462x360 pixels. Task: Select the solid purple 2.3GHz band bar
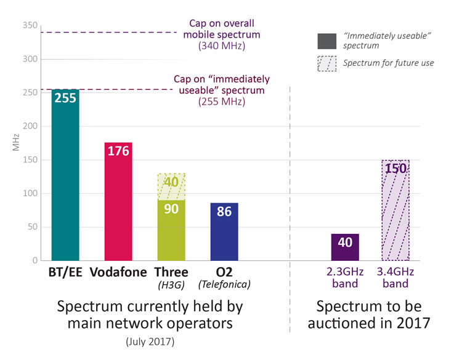click(x=345, y=247)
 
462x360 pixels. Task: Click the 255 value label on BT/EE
click(x=65, y=98)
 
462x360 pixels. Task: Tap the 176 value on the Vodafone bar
click(x=118, y=151)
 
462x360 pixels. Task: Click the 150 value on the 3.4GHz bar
click(x=395, y=169)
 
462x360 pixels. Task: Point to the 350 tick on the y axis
click(x=30, y=26)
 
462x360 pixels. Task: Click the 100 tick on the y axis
click(x=30, y=193)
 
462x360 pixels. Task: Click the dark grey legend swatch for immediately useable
click(x=326, y=42)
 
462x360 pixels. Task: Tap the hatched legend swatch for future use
click(x=326, y=63)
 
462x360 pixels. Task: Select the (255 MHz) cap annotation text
click(x=222, y=102)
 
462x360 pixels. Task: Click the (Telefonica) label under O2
click(x=224, y=284)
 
